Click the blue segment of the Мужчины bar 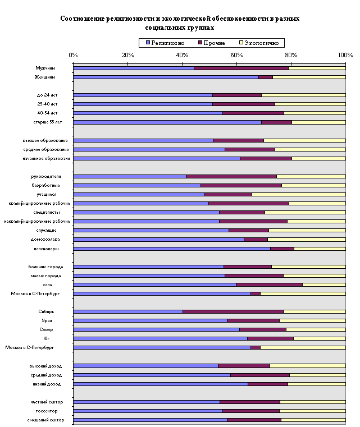133,68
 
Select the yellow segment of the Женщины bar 309,77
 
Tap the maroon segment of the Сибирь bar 233,311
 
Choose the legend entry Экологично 262,43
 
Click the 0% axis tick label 73,54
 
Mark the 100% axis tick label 345,54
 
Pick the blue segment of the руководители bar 129,176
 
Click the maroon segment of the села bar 269,284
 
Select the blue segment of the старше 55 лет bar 167,122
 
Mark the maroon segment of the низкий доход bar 267,384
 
